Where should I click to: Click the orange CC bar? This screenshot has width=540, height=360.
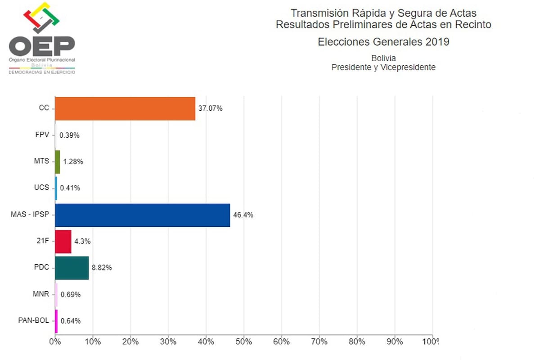(x=125, y=108)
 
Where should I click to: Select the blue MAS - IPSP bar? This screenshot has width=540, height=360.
(x=143, y=215)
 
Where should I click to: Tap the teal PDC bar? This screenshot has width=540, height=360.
(x=72, y=268)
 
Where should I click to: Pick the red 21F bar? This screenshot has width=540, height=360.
(x=63, y=241)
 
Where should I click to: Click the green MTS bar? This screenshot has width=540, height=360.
(x=58, y=162)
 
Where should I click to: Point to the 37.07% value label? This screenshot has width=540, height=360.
(x=210, y=108)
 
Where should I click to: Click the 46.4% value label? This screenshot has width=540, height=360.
(x=243, y=215)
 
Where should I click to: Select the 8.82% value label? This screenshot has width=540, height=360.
(x=102, y=268)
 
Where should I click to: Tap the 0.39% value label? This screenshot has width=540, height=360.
(x=69, y=135)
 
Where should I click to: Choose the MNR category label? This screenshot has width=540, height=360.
(x=41, y=294)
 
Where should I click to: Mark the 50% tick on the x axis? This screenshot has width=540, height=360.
(x=243, y=342)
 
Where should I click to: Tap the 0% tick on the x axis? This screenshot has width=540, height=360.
(x=55, y=342)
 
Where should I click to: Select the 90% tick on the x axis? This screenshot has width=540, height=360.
(x=395, y=342)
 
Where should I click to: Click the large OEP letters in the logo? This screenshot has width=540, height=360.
(x=42, y=45)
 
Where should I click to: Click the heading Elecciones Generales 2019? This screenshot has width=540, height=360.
(x=383, y=42)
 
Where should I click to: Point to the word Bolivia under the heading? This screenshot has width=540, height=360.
(x=383, y=58)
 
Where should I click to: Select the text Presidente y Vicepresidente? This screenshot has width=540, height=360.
(x=383, y=67)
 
